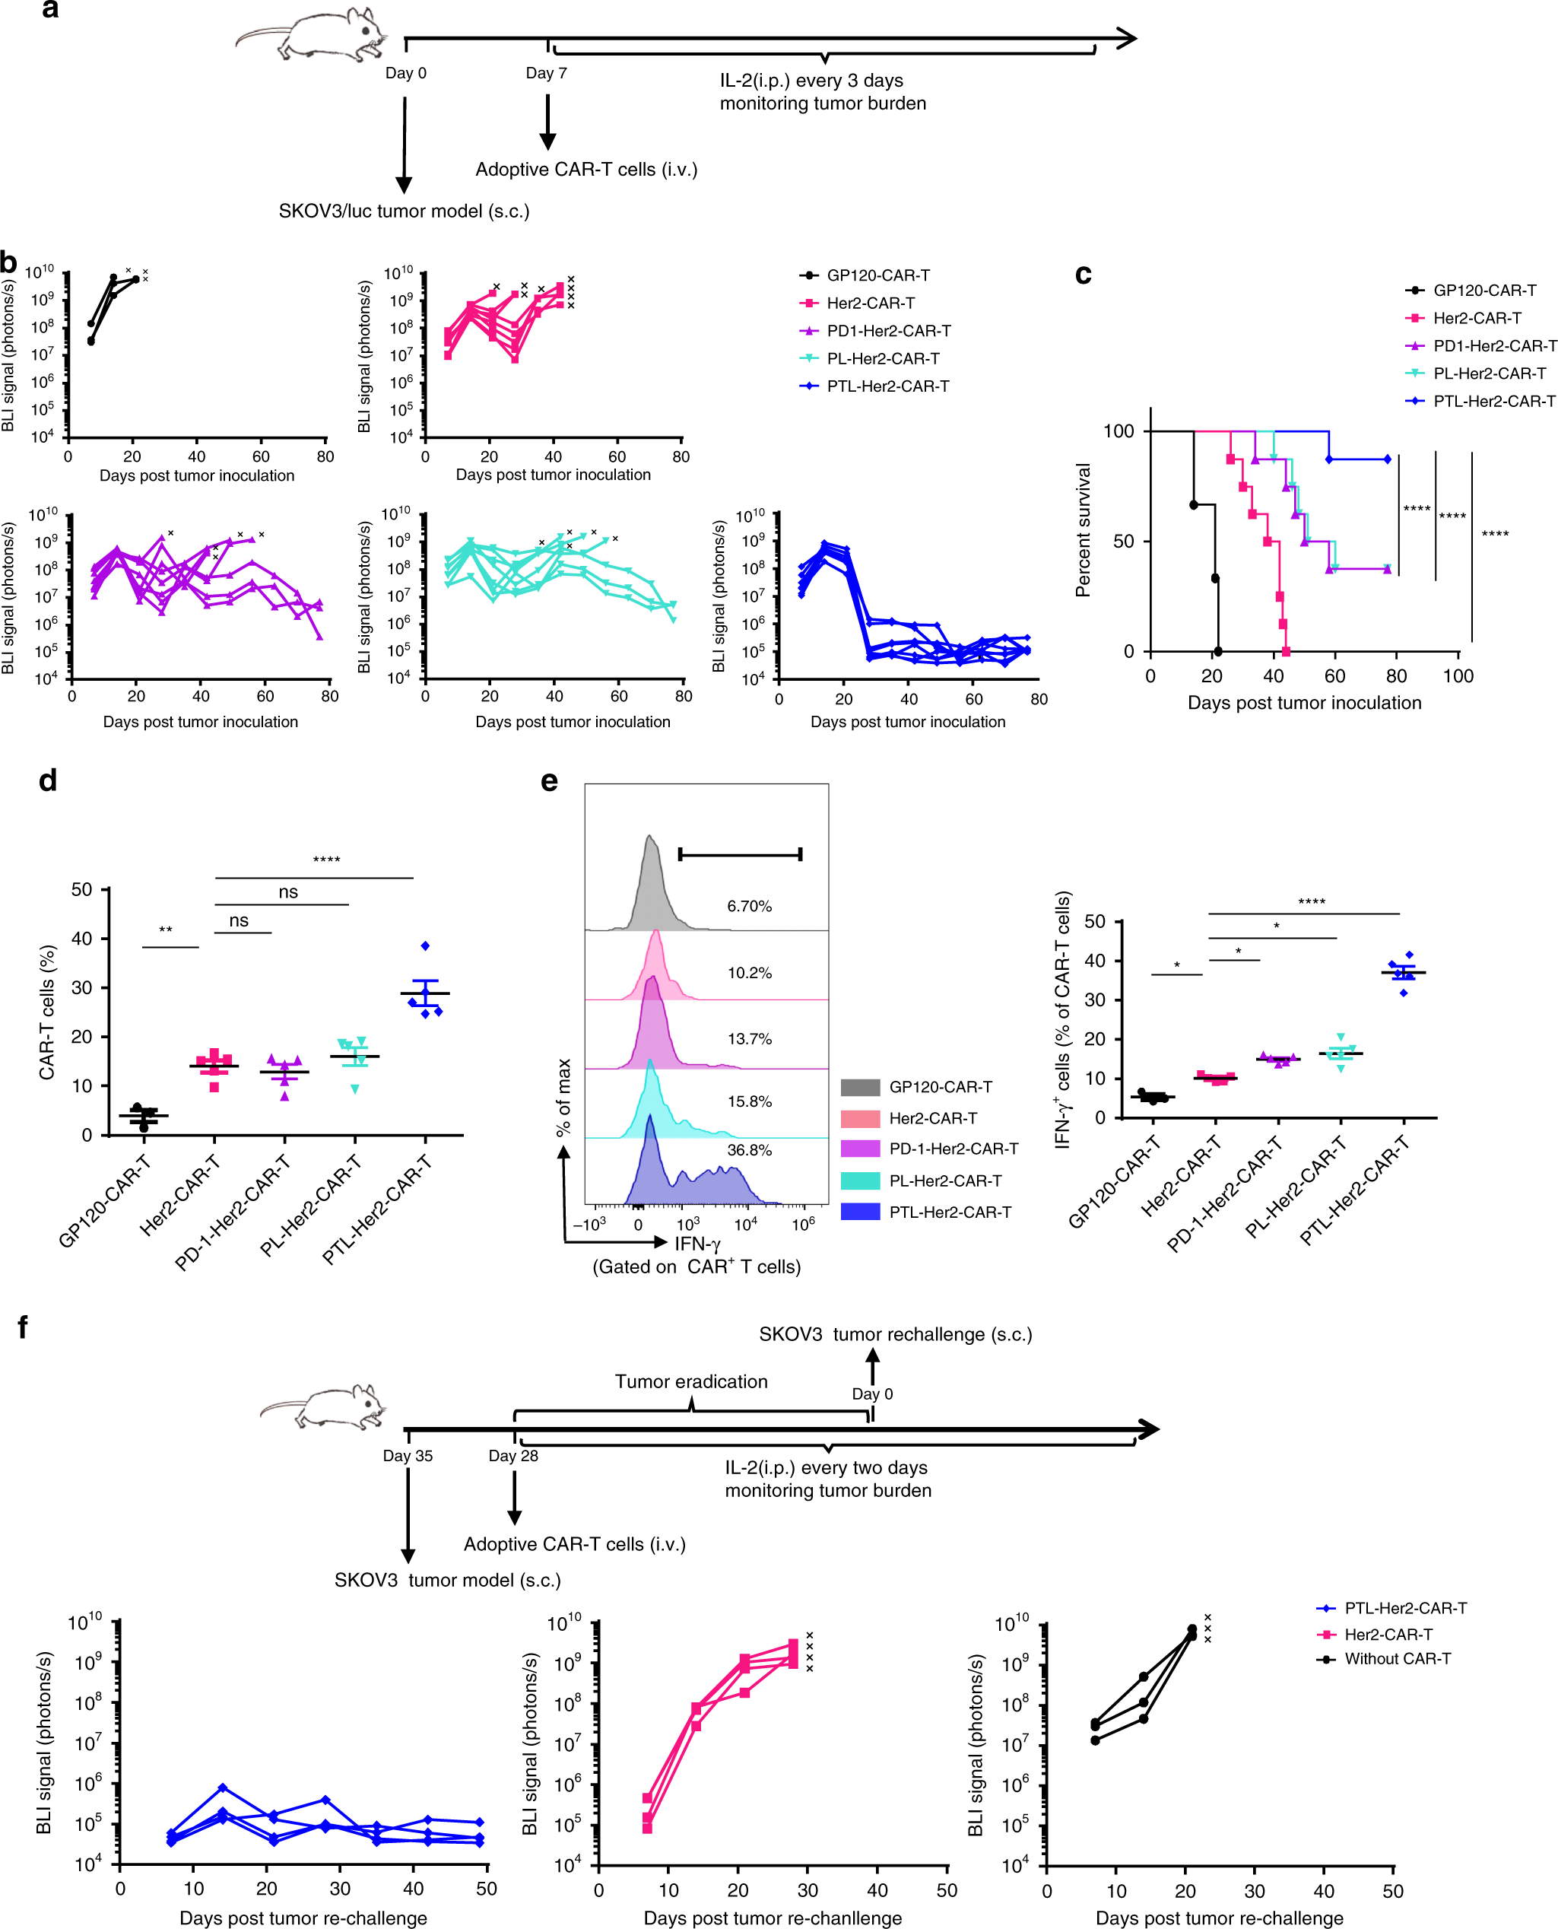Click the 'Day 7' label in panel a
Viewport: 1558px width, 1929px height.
pos(546,74)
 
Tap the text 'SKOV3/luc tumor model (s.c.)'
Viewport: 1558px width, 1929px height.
pos(404,211)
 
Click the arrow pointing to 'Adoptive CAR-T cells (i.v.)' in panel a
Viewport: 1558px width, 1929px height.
pos(547,121)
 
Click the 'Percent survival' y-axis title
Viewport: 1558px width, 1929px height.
pos(1084,529)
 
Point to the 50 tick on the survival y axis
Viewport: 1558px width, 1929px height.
pos(1124,542)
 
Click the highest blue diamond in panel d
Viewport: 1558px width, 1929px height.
pos(425,945)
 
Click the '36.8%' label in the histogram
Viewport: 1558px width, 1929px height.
pos(750,1150)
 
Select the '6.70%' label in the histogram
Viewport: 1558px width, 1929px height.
pos(750,906)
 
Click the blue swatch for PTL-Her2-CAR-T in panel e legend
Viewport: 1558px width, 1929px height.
pos(860,1212)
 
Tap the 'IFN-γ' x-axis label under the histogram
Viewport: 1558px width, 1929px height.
pos(697,1243)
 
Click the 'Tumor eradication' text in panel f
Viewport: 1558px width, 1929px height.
pos(691,1381)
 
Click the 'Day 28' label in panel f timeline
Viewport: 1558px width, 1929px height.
pos(513,1455)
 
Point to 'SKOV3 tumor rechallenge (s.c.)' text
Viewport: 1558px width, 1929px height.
pos(896,1334)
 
